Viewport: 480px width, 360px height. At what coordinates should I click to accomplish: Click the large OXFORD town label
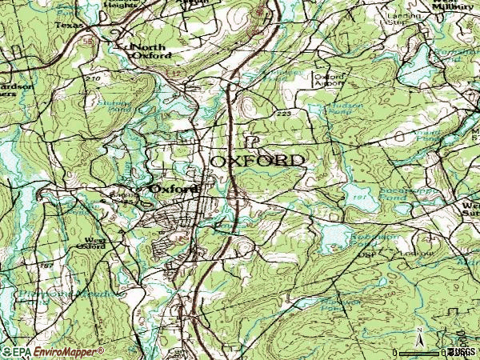258,161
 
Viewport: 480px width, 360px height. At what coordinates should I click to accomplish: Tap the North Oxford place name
151,51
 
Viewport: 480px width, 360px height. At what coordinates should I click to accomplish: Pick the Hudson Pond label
345,109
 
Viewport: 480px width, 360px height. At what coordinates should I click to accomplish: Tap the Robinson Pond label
377,239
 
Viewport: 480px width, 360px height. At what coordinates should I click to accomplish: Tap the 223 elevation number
284,114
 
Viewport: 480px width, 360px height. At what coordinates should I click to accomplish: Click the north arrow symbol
418,334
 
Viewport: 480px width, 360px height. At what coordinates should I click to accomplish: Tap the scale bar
420,351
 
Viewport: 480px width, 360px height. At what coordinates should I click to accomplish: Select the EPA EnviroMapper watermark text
53,351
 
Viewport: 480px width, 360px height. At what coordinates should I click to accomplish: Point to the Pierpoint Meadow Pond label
83,293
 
